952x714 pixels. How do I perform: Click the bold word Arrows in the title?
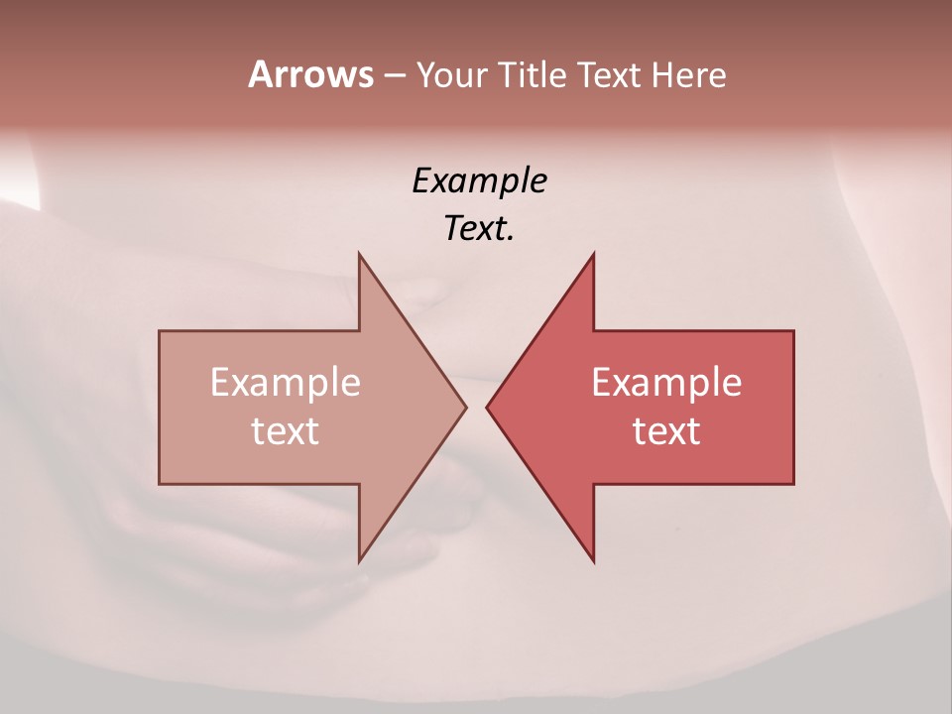coord(310,74)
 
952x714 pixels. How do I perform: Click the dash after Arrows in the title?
coord(394,76)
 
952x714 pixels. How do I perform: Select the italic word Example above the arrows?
coord(479,180)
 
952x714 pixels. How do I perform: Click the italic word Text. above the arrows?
coord(479,228)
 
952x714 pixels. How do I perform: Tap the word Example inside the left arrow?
coord(286,382)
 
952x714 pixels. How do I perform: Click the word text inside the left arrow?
coord(286,430)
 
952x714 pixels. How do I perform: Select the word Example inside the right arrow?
coord(666,382)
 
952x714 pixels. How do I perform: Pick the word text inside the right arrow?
coord(666,430)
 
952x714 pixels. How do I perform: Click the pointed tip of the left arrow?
coord(466,407)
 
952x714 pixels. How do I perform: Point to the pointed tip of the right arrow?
coord(487,407)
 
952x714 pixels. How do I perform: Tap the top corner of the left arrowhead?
coord(359,254)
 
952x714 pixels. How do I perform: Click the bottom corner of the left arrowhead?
coord(359,561)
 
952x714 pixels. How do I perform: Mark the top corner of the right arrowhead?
coord(594,254)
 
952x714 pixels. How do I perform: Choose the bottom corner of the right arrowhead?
coord(594,561)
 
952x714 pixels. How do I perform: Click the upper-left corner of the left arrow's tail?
coord(160,331)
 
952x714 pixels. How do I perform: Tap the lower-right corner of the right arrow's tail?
coord(793,483)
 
